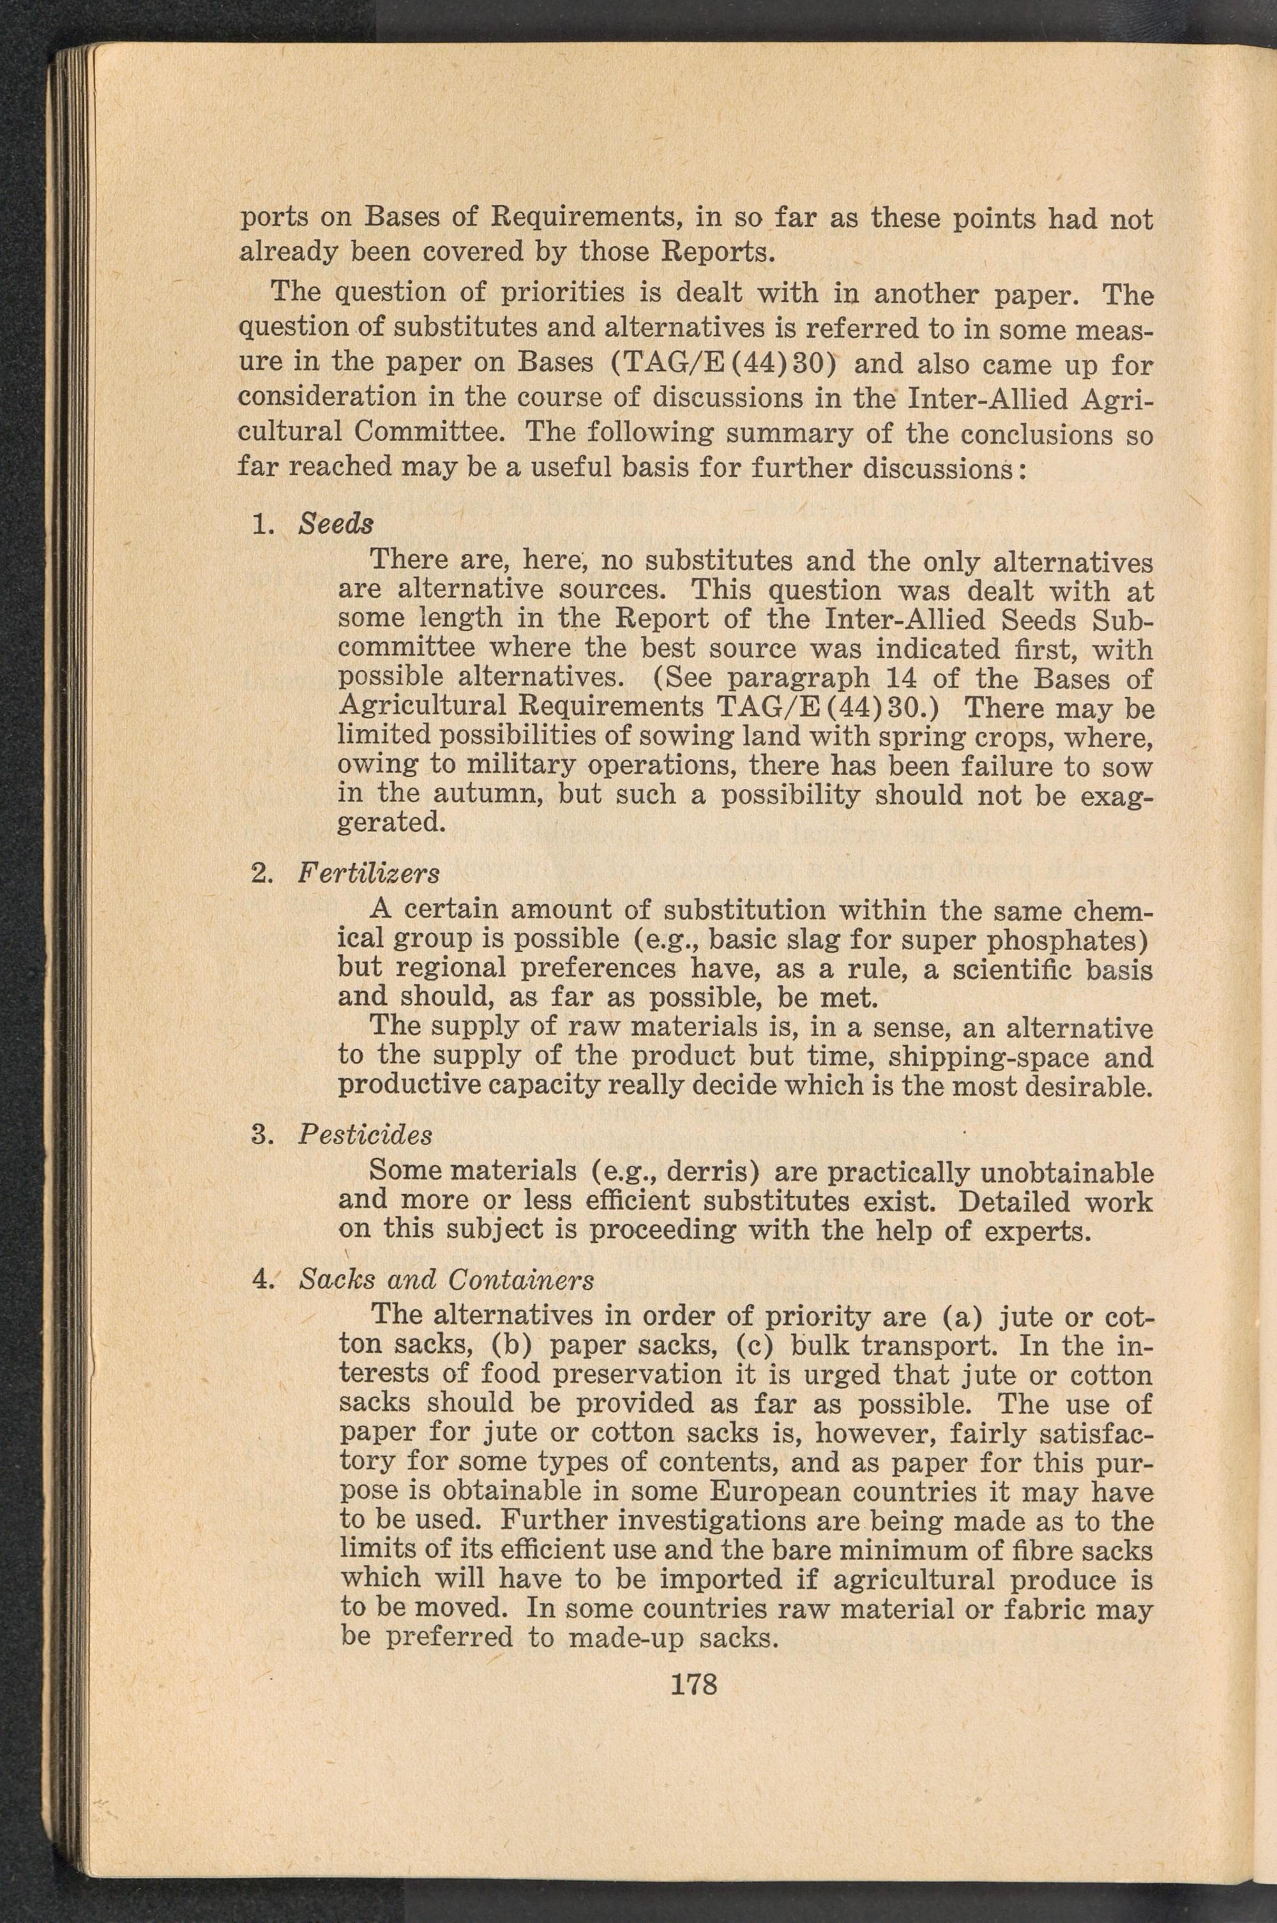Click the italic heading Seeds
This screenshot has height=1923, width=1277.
point(336,524)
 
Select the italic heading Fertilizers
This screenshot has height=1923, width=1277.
point(368,873)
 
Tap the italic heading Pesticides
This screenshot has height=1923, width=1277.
point(365,1134)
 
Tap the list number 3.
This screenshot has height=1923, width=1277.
point(260,1134)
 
